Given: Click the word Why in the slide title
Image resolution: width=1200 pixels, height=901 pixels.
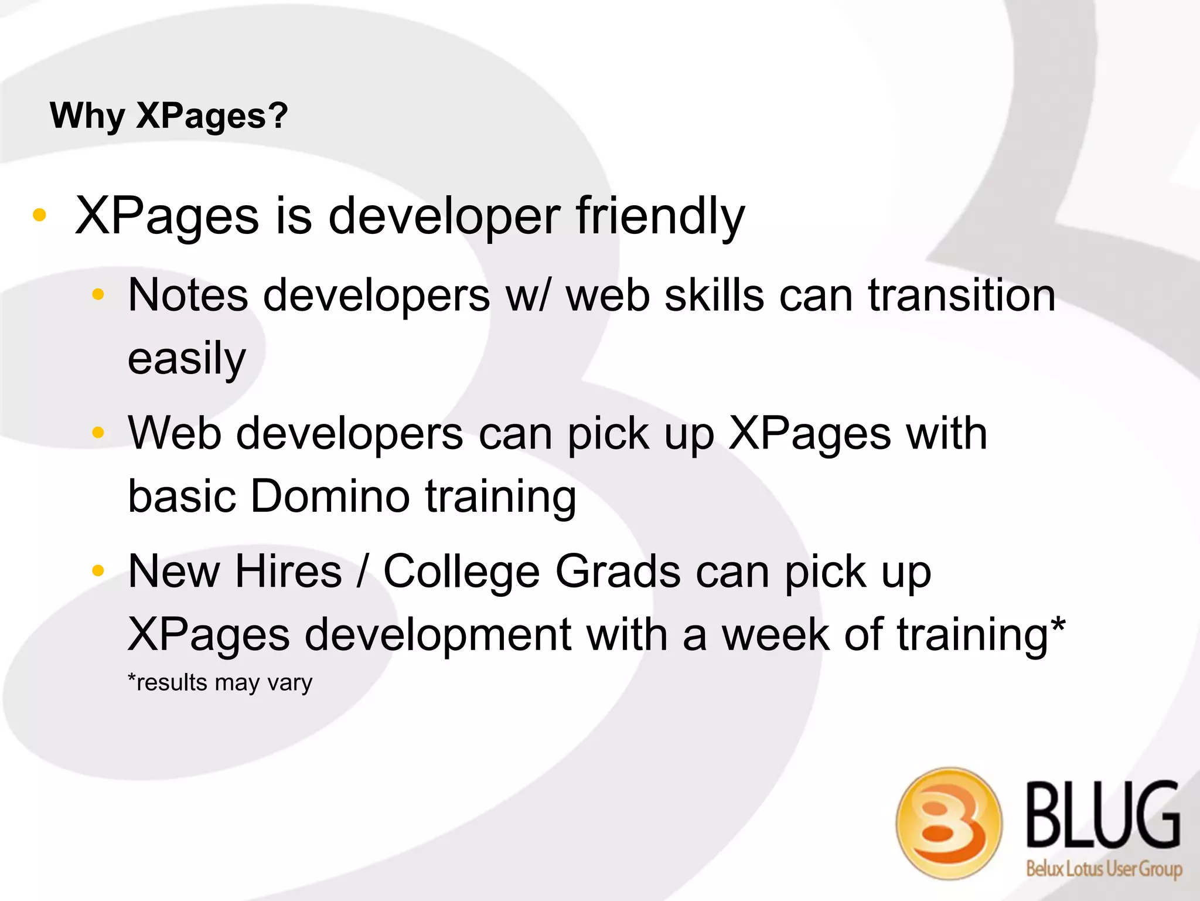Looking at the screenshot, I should point(87,115).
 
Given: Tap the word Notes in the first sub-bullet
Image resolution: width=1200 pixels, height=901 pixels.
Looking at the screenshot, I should point(188,295).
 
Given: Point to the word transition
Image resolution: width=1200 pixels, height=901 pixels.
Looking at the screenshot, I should point(962,295).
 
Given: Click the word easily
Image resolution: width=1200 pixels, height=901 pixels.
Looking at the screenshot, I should point(187,359).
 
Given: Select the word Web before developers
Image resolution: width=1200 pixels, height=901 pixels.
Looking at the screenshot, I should point(175,434).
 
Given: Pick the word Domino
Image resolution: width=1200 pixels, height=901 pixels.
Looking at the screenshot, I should point(330,497).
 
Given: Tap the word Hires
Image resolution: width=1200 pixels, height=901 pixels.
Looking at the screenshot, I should point(288,572).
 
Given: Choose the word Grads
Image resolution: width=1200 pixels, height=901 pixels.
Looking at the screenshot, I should point(618,572).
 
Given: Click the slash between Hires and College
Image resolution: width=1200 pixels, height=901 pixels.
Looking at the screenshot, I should point(363,572).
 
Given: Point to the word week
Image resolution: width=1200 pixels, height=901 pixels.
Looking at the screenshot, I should point(775,635).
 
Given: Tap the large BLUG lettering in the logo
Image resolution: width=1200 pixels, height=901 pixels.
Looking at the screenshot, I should point(1103,815).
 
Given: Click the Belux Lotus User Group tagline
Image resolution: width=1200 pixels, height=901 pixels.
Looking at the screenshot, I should point(1104,868).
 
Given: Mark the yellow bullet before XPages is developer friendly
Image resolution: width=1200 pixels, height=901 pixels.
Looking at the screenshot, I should point(39,215).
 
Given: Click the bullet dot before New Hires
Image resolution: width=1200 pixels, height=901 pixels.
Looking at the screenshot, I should point(98,570).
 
